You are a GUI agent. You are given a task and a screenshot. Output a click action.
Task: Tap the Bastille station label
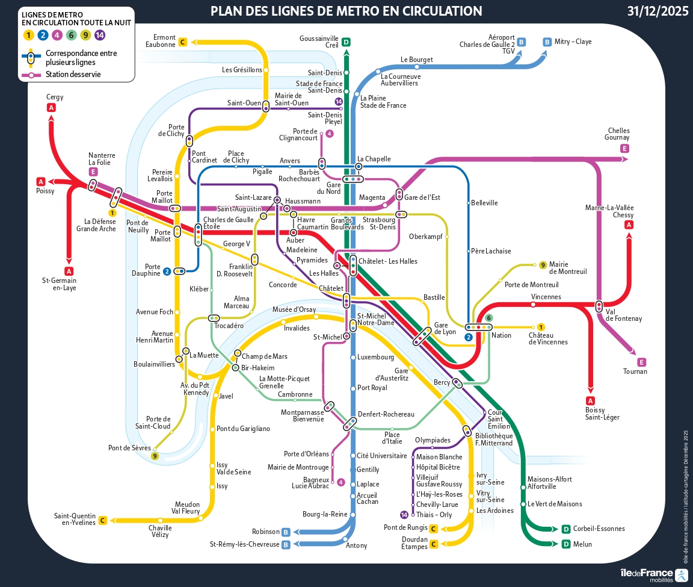click(x=434, y=297)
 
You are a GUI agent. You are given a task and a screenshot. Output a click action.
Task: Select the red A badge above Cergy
click(x=51, y=108)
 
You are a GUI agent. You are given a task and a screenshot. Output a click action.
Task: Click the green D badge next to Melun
click(x=565, y=544)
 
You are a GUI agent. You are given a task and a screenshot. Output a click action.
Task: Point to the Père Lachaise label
click(x=491, y=251)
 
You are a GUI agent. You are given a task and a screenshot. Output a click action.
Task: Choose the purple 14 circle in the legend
click(x=100, y=35)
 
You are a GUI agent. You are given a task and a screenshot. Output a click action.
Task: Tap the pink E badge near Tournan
click(x=641, y=362)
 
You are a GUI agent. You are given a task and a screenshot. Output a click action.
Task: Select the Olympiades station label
click(x=433, y=440)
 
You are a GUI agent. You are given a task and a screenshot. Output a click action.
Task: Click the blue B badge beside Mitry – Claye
click(x=547, y=42)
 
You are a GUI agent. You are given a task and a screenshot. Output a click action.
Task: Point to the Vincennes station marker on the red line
click(x=533, y=305)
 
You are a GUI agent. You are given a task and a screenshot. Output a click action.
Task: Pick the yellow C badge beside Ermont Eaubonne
click(x=183, y=42)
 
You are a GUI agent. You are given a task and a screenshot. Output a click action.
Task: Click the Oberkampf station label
click(x=425, y=236)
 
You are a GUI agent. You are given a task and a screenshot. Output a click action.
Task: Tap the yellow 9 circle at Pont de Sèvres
click(x=155, y=456)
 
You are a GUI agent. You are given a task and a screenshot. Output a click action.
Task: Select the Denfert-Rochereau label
click(x=386, y=414)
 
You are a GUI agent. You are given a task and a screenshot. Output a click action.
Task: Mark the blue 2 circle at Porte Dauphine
click(x=167, y=271)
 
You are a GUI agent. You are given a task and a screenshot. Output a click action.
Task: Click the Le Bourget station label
click(x=416, y=60)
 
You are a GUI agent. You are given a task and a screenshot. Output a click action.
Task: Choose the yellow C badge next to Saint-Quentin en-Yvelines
click(x=103, y=520)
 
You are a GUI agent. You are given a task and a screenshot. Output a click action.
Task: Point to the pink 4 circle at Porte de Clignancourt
click(x=329, y=134)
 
